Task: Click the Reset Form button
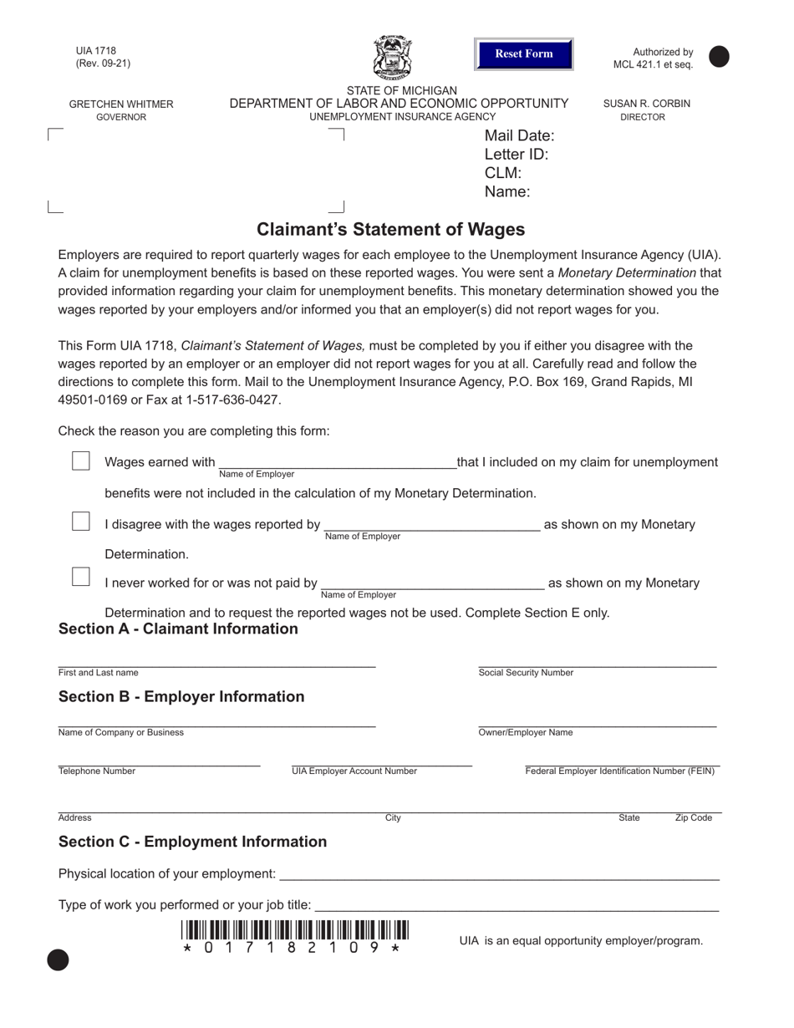point(523,54)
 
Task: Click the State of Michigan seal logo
point(392,58)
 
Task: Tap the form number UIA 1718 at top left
point(96,51)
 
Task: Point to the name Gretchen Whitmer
point(121,104)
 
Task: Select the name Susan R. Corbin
point(647,104)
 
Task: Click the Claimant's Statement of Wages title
point(390,230)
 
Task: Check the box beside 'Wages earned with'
point(81,461)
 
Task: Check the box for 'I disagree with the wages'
point(81,522)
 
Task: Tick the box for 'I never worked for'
point(81,577)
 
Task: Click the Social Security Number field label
point(526,673)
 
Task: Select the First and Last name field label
point(99,673)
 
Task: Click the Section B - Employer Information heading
point(181,697)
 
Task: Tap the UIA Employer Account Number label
point(354,771)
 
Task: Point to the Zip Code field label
point(693,818)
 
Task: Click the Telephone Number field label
point(97,771)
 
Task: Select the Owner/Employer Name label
point(526,733)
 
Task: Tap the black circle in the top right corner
point(719,57)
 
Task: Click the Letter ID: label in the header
point(517,155)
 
